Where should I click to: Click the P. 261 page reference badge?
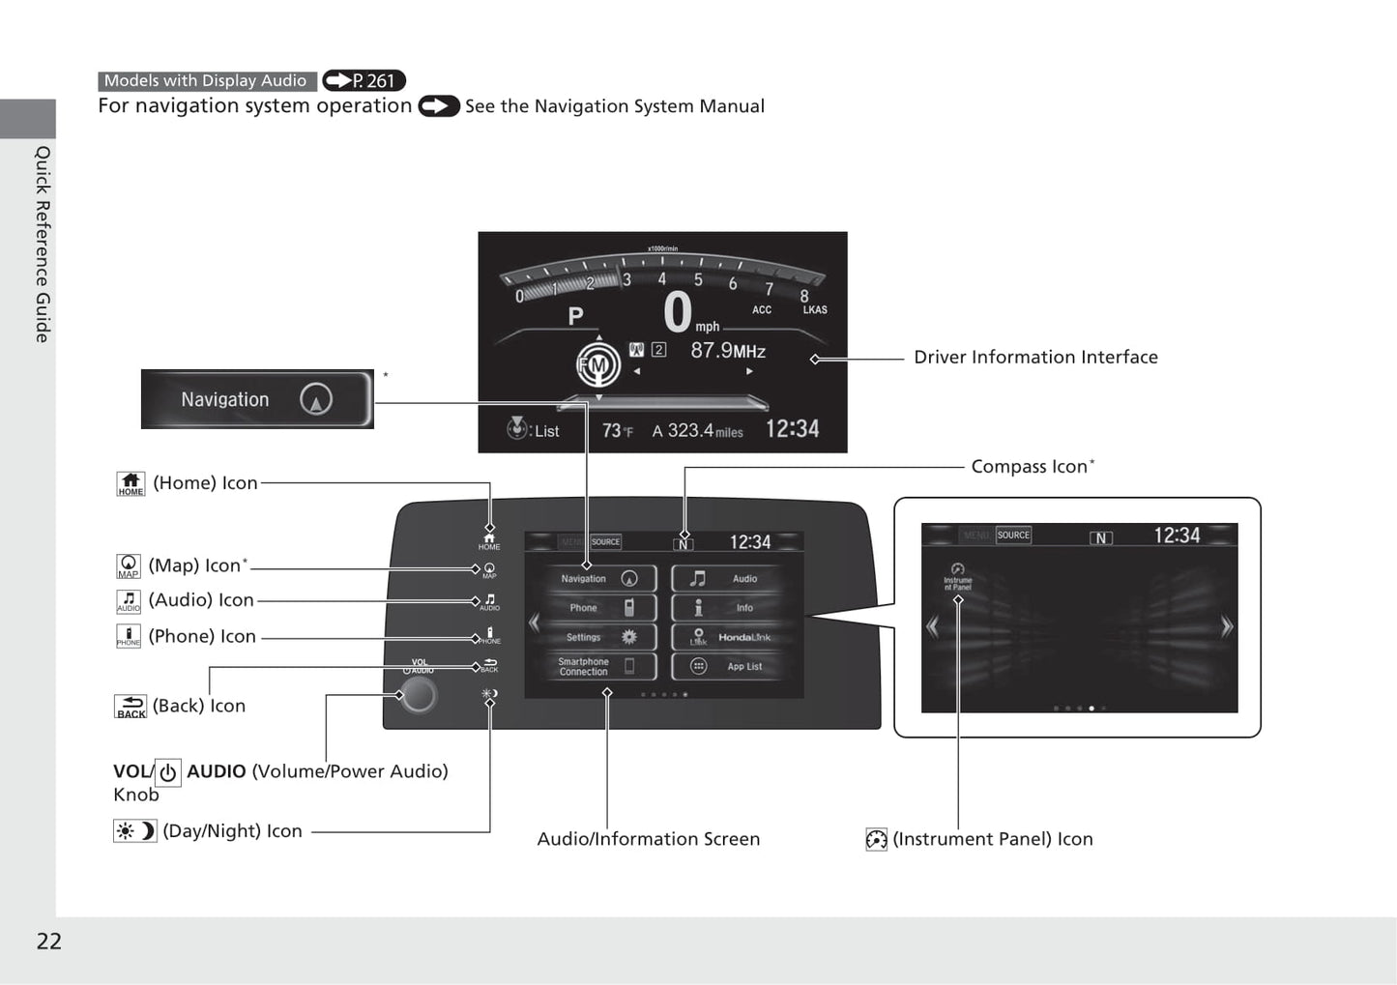[364, 81]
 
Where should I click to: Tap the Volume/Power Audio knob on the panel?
[419, 695]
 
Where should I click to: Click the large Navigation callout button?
[257, 399]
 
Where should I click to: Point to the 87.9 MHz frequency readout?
[727, 351]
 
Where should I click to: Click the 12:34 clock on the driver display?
[792, 429]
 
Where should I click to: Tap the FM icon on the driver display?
[597, 364]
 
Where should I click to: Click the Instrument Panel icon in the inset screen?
[957, 577]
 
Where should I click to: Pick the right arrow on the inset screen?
[1226, 627]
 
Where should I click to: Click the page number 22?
[48, 942]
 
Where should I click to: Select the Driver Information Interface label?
[1035, 358]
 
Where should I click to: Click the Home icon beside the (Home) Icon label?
[131, 483]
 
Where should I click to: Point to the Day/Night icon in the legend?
[134, 831]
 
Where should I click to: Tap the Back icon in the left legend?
[131, 707]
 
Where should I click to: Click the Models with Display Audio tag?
[206, 81]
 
